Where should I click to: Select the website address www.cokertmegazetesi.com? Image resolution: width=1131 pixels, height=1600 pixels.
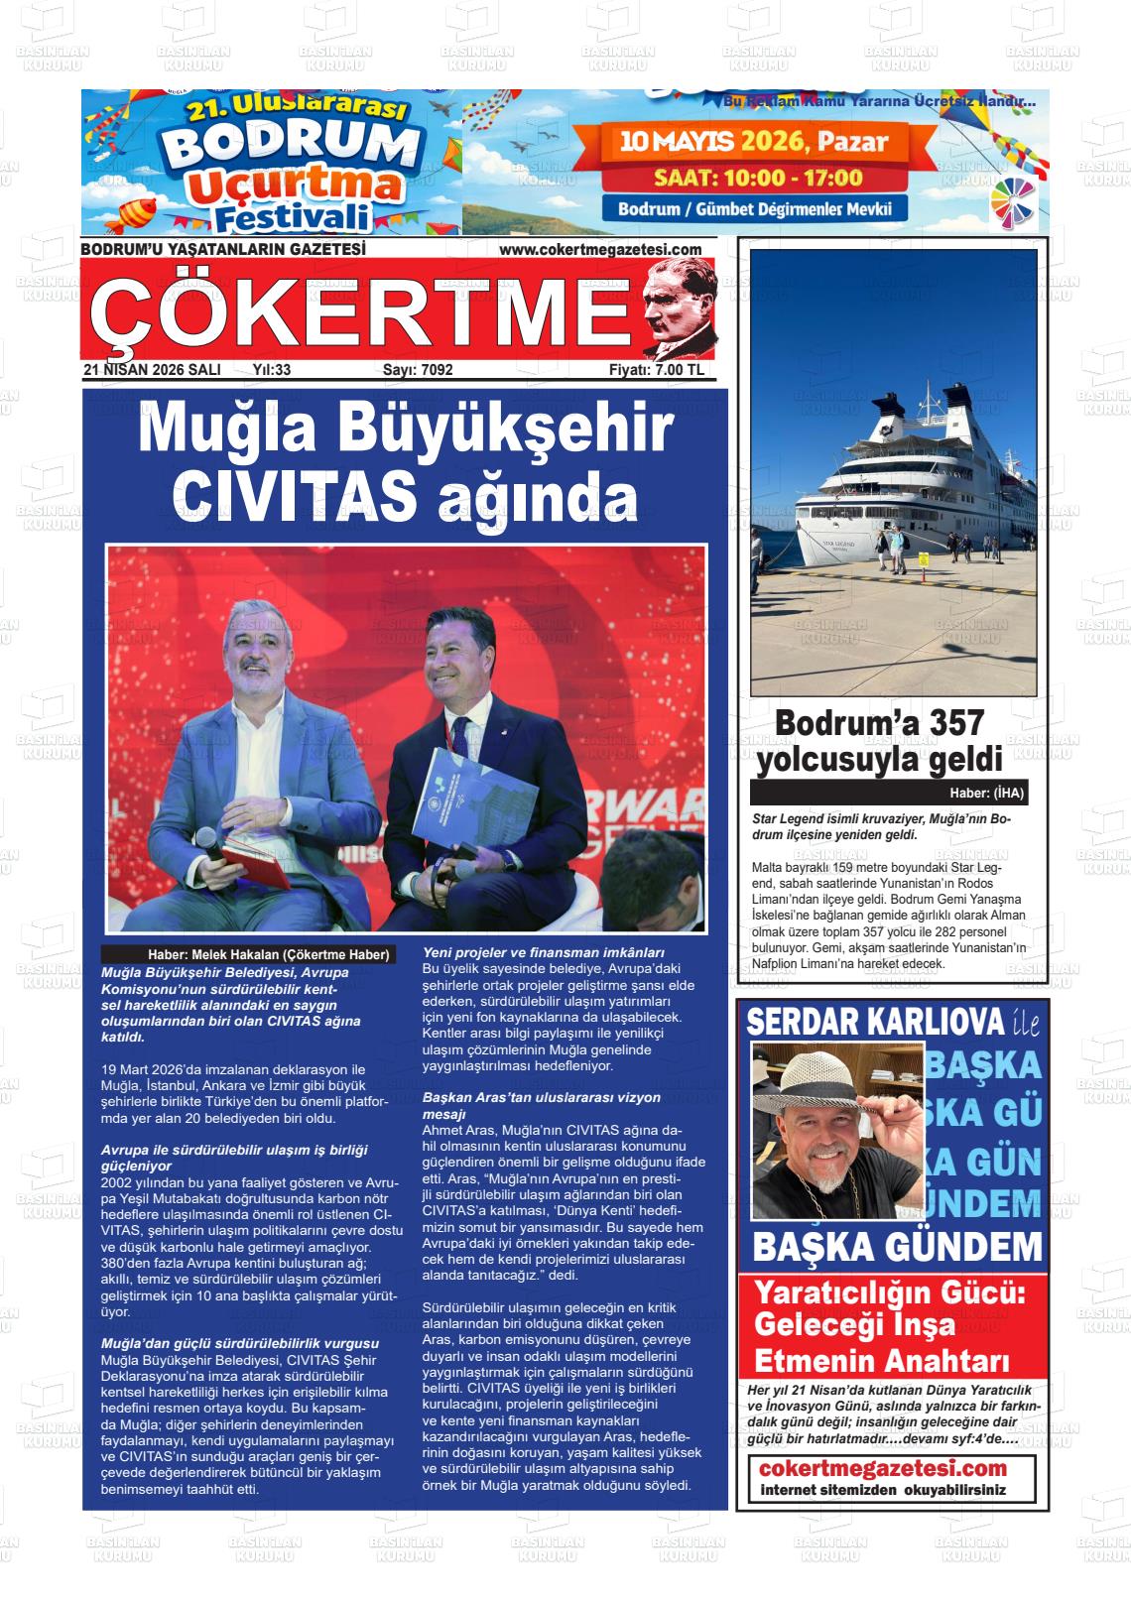click(x=600, y=250)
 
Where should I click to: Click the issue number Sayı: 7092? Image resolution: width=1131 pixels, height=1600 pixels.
click(x=418, y=370)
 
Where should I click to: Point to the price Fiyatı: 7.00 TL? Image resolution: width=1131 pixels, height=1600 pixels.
click(x=656, y=370)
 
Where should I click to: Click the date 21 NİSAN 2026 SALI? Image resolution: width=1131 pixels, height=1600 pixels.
click(x=152, y=370)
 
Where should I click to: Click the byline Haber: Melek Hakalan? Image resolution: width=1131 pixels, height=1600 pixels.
click(x=269, y=954)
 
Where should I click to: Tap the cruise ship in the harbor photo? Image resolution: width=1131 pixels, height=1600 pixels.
click(x=893, y=496)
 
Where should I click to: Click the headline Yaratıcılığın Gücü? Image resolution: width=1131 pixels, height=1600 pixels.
click(x=889, y=1294)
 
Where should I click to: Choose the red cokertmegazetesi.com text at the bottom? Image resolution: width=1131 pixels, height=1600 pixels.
click(x=882, y=1469)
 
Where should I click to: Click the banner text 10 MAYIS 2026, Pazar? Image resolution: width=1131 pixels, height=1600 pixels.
click(x=754, y=142)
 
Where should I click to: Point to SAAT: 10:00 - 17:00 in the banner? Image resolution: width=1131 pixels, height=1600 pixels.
click(x=757, y=179)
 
